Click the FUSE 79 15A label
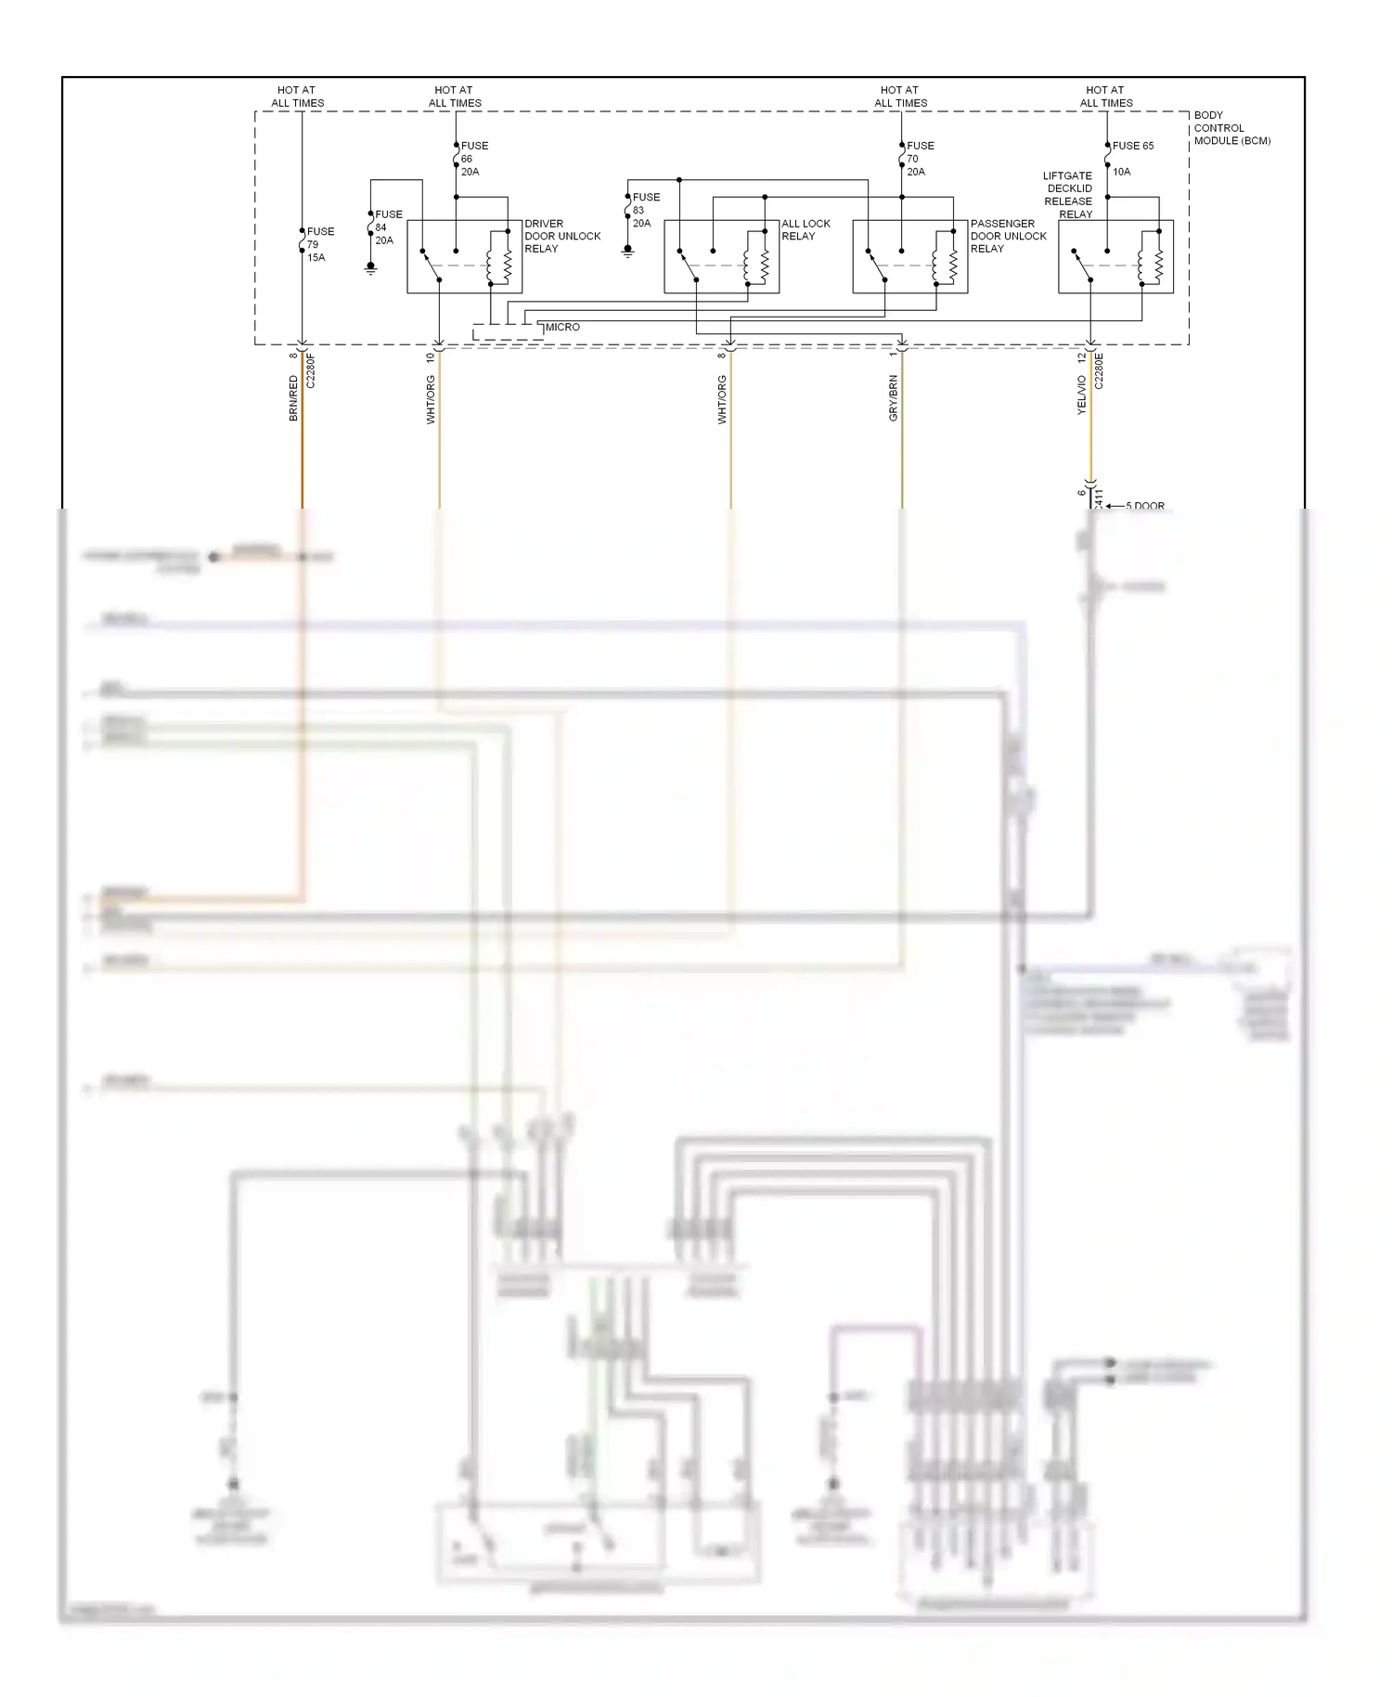click(x=320, y=244)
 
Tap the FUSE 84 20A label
click(x=388, y=227)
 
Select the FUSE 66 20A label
click(x=473, y=159)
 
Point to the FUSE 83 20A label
click(x=645, y=210)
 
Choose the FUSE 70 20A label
click(x=920, y=159)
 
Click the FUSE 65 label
click(x=1132, y=146)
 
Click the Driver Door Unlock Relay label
click(x=562, y=236)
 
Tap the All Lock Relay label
click(x=806, y=229)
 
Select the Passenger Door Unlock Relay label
click(x=1008, y=236)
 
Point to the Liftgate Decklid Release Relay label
click(x=1068, y=195)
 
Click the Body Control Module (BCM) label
click(x=1231, y=128)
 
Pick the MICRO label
click(x=562, y=327)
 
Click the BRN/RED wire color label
click(x=294, y=398)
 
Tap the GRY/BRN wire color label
click(x=894, y=398)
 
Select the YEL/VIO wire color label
click(x=1081, y=395)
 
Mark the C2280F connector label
click(x=311, y=369)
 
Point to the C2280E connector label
click(x=1099, y=369)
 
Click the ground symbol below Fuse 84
click(x=371, y=268)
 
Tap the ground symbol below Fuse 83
click(x=628, y=251)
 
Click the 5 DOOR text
click(x=1145, y=506)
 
